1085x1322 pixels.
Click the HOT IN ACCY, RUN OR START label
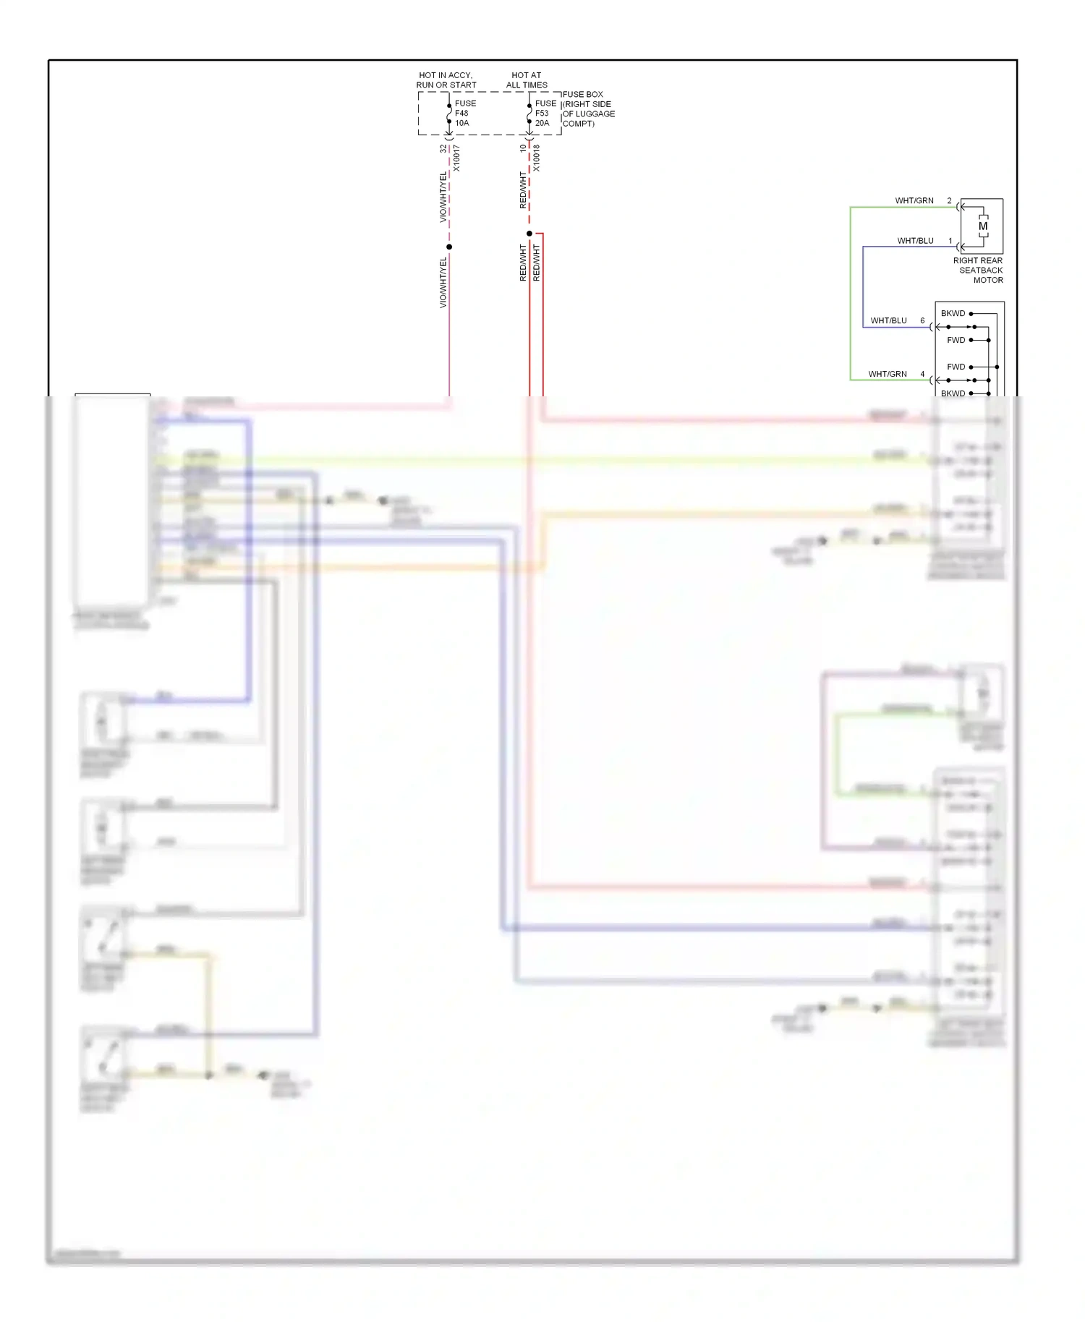446,80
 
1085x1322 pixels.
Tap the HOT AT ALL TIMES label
527,80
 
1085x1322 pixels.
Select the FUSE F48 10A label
465,113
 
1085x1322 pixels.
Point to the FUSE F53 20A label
545,113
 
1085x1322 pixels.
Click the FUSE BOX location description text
589,108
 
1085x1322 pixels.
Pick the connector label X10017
456,158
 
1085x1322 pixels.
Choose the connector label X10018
537,158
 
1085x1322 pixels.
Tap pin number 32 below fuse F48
443,148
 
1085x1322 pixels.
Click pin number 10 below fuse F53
523,148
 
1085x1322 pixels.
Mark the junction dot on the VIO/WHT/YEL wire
449,247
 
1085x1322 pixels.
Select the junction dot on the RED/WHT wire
529,234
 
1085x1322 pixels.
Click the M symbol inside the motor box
983,226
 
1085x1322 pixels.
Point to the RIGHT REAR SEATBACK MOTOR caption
978,270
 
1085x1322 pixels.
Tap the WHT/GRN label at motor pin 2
914,200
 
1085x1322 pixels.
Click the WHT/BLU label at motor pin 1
915,241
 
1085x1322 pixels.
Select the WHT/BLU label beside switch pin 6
888,320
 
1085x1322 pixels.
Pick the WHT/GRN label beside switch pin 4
888,374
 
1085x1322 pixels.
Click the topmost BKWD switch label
953,313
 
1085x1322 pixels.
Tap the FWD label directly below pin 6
956,340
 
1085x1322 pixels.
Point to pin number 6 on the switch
922,320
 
